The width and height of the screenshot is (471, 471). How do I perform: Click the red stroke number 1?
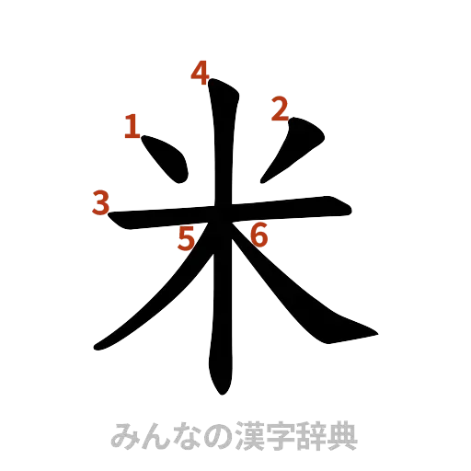click(x=132, y=125)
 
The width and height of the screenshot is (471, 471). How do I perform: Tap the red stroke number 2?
click(x=277, y=110)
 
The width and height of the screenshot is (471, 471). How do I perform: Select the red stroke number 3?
click(x=100, y=202)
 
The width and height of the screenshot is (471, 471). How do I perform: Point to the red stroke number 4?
click(x=200, y=73)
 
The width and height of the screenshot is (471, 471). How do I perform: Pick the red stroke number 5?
click(x=188, y=240)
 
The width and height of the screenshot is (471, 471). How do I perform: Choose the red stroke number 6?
click(x=258, y=235)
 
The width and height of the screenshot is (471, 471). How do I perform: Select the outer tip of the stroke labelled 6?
click(x=373, y=334)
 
